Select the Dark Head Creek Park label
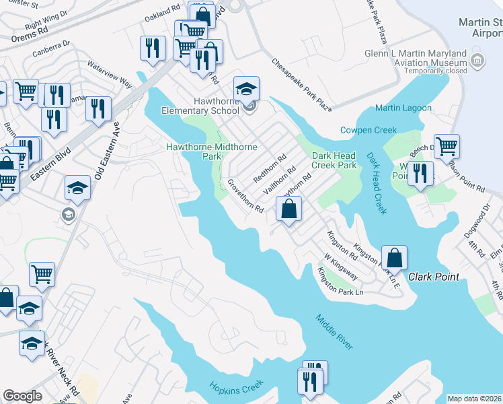(x=334, y=160)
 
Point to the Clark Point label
(x=432, y=277)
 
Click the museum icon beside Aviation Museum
(x=477, y=61)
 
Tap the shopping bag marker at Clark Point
(x=394, y=257)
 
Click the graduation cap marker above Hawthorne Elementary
(x=247, y=89)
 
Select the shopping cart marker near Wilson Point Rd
(x=446, y=146)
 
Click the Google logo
(x=22, y=396)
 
